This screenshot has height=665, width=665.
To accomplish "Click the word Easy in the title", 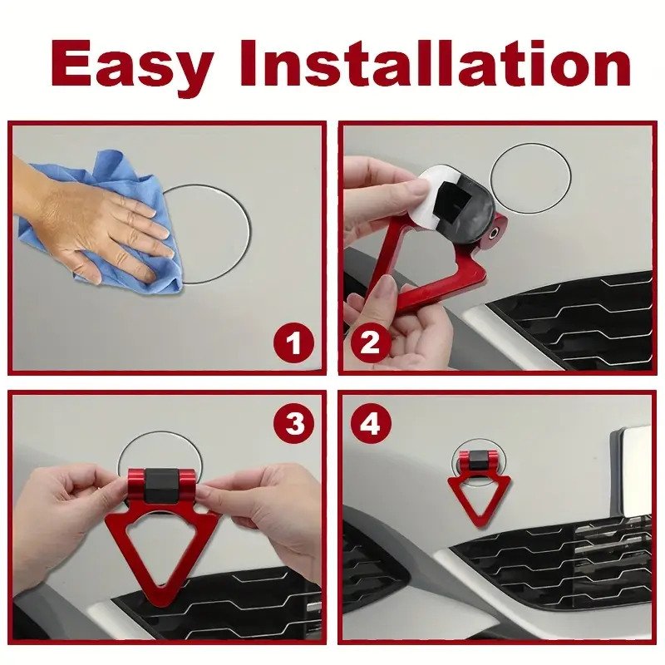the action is point(131,63).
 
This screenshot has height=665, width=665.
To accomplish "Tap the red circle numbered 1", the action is point(294,342).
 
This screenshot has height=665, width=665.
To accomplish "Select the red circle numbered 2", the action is point(370,342).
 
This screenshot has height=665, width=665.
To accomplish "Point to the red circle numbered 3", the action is point(294,423).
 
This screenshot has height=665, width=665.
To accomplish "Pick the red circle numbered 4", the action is point(370,423).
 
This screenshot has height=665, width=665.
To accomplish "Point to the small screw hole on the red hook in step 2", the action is point(494,234).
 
